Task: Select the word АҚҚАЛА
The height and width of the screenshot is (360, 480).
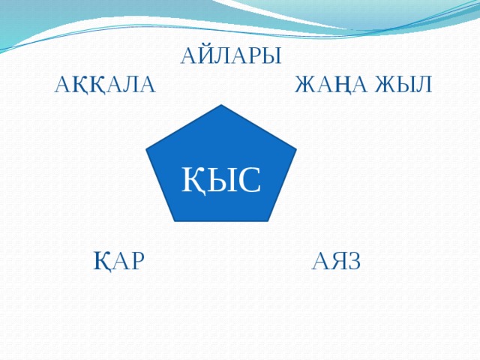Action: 104,84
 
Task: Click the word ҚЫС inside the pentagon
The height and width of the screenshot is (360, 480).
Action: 221,179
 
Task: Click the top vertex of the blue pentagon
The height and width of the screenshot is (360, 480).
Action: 221,105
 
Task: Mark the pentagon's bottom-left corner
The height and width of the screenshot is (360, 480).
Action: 175,221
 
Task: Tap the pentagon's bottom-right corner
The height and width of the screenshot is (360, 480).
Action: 268,221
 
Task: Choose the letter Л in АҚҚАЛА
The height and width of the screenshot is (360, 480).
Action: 128,84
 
